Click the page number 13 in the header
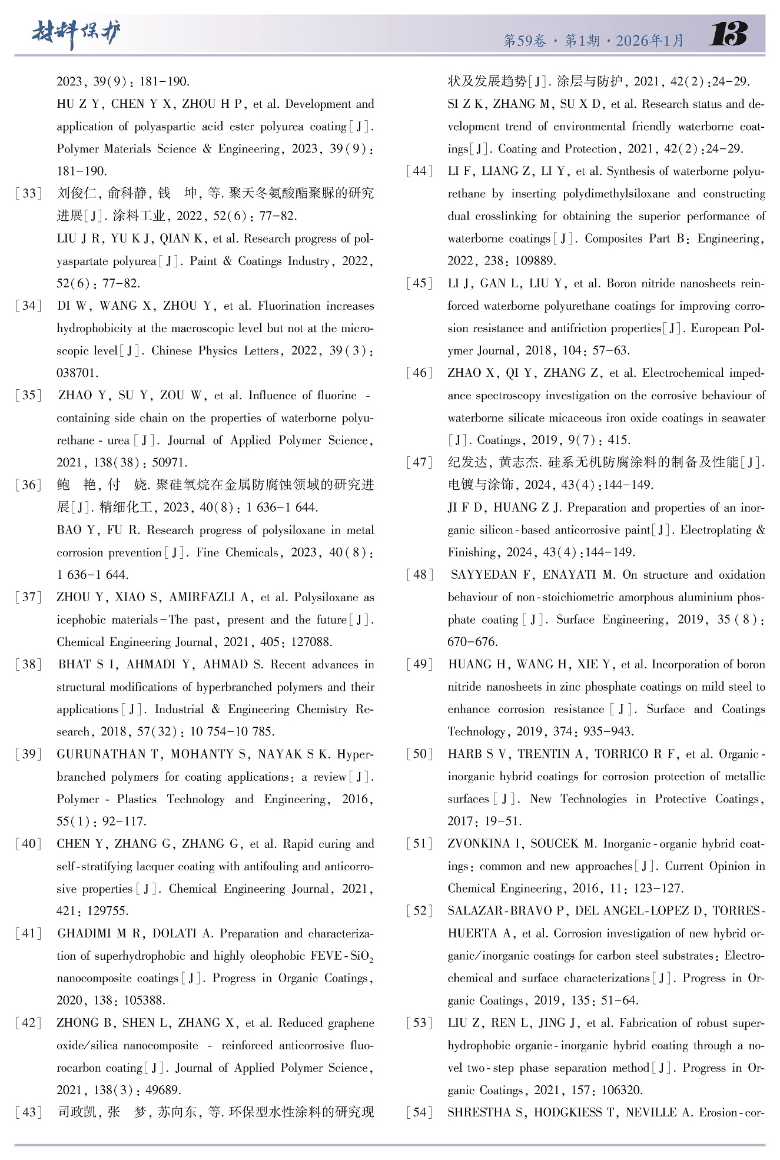[x=728, y=35]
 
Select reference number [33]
[x=29, y=194]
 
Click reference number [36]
[x=29, y=485]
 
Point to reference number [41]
[x=29, y=934]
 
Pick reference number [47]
[x=420, y=463]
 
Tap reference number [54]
[x=420, y=1113]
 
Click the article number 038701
[x=78, y=373]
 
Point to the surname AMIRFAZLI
[x=202, y=598]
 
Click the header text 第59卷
[x=525, y=41]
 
